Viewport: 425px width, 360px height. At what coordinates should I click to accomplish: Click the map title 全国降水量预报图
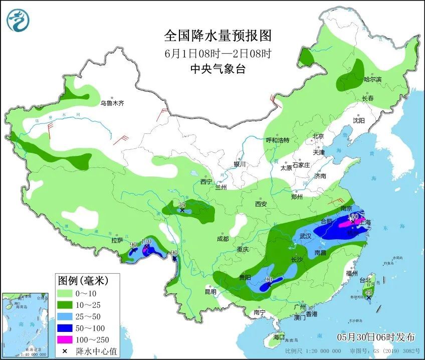point(218,36)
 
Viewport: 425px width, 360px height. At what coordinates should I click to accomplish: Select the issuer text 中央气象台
point(218,70)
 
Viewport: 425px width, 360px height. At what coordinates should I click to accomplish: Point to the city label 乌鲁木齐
point(112,103)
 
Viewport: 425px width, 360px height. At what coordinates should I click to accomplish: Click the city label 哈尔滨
point(372,80)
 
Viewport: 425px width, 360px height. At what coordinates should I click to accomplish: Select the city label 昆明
point(210,292)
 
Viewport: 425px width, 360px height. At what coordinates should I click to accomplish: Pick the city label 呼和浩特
point(277,140)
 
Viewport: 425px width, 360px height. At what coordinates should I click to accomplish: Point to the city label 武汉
point(305,236)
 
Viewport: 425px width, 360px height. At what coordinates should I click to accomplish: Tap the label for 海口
point(279,337)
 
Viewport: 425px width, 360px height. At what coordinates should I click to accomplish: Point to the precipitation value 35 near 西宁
point(182,204)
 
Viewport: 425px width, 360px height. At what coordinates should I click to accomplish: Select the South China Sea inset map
point(26,325)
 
